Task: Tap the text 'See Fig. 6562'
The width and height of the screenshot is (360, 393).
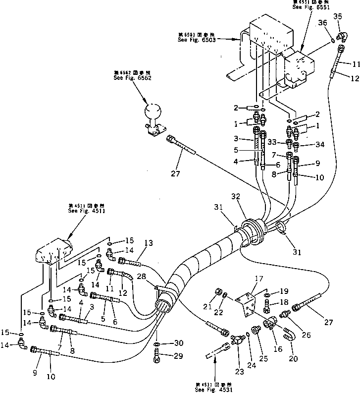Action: (132, 78)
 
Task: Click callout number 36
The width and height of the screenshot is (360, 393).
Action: (322, 23)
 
